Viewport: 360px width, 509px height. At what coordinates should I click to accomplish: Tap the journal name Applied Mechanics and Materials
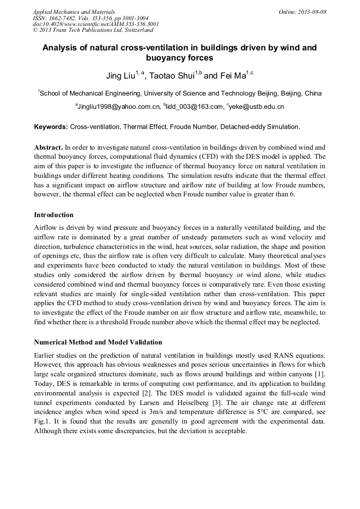tap(73, 12)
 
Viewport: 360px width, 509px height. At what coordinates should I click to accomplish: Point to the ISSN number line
tap(91, 18)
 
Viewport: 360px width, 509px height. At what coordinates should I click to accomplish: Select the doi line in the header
tap(96, 24)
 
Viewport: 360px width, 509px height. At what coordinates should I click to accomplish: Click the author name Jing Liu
tap(120, 76)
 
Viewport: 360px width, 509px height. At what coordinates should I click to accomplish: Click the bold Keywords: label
tap(51, 127)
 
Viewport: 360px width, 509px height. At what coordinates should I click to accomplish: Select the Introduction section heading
tap(54, 215)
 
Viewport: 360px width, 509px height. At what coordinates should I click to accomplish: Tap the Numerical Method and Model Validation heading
tap(98, 342)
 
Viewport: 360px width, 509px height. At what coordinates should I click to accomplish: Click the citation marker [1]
tap(320, 374)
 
